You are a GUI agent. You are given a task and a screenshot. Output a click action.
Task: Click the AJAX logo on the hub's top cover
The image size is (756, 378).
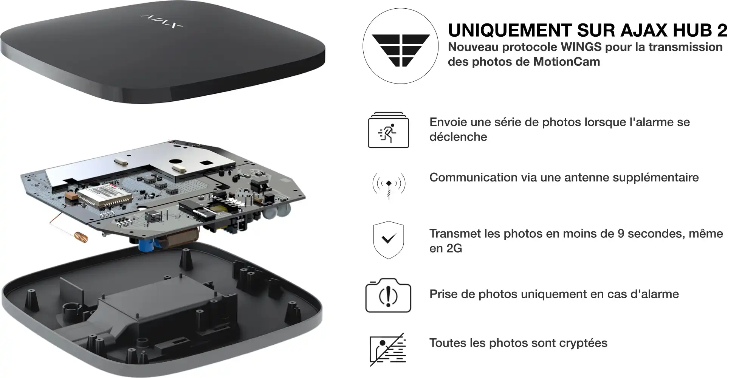point(161,21)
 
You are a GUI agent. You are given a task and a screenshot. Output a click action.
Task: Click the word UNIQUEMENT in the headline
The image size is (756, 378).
point(510,30)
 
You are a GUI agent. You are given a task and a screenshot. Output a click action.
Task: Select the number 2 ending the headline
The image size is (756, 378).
point(721,30)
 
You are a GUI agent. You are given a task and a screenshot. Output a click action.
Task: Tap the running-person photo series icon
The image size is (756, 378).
point(389,130)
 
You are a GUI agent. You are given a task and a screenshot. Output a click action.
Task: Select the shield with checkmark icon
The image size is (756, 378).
point(389,240)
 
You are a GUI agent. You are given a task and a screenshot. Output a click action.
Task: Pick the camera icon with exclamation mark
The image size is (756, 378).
point(388,296)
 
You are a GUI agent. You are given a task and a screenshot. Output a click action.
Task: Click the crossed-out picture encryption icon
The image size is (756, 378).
point(387,349)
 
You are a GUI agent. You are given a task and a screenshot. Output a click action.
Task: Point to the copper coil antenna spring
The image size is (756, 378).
point(81,237)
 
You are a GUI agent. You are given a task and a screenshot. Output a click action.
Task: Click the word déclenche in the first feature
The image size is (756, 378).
point(458,137)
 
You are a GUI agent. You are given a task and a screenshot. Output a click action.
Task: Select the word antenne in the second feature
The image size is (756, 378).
point(587,178)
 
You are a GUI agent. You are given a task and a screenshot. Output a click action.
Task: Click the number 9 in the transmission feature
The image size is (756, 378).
point(621,234)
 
